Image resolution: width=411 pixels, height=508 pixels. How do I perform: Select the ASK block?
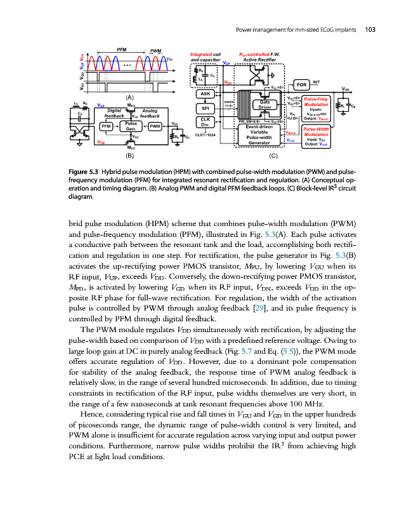(205, 93)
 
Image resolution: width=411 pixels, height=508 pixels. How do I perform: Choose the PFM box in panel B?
(107, 126)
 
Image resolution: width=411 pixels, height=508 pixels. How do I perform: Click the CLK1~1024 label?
(205, 135)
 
